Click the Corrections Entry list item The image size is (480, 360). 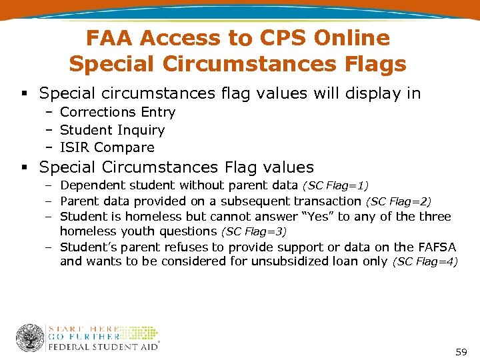[x=117, y=113]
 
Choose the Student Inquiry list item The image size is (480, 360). [x=112, y=130]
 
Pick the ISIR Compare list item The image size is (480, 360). [x=107, y=147]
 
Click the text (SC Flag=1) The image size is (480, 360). [x=335, y=185]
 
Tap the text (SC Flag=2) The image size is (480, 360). [x=398, y=201]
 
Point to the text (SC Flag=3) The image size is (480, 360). [x=253, y=231]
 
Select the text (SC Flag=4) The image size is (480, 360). [x=425, y=262]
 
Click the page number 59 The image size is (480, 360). [x=461, y=351]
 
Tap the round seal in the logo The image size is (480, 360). [x=30, y=337]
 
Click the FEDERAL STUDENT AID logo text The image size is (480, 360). [x=103, y=346]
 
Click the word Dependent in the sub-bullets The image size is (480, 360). [x=91, y=185]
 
